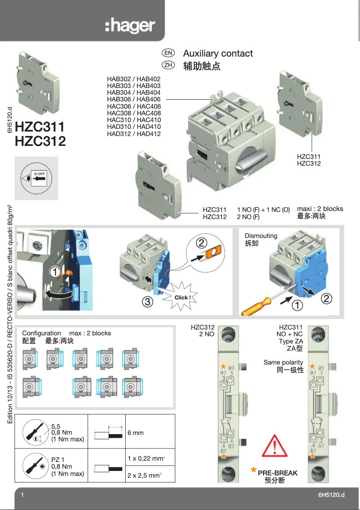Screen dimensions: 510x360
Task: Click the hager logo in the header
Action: pyautogui.click(x=130, y=26)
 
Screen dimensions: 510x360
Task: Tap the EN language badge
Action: pyautogui.click(x=169, y=53)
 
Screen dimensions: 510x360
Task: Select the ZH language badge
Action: pyautogui.click(x=169, y=66)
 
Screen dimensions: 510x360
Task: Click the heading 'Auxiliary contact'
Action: pyautogui.click(x=218, y=53)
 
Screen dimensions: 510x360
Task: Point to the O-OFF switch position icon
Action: pyautogui.click(x=36, y=178)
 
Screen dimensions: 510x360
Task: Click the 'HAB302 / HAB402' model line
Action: pyautogui.click(x=133, y=79)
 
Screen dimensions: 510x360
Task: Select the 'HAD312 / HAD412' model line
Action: pyautogui.click(x=133, y=133)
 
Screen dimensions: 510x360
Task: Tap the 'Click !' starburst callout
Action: pyautogui.click(x=183, y=298)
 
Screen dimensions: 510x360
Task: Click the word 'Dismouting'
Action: pyautogui.click(x=261, y=236)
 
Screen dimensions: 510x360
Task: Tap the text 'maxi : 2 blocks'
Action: pyautogui.click(x=320, y=209)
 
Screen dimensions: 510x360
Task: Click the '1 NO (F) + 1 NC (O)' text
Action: pyautogui.click(x=263, y=210)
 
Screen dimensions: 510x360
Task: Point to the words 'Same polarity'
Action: pyautogui.click(x=283, y=362)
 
